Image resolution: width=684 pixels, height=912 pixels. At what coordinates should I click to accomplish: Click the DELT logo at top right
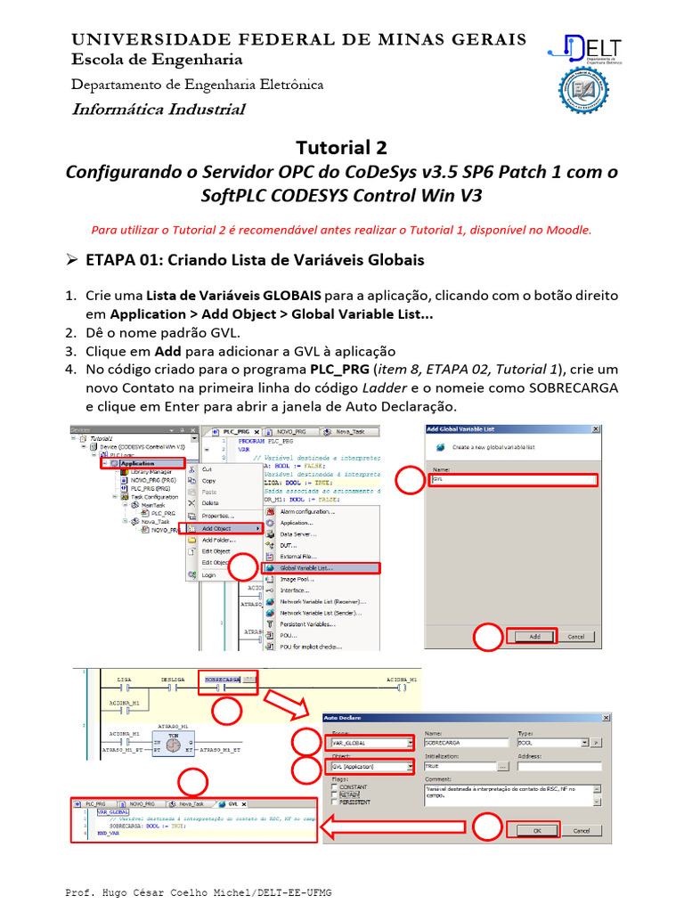tap(588, 49)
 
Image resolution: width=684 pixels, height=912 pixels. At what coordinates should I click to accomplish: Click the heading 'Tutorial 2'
tap(341, 147)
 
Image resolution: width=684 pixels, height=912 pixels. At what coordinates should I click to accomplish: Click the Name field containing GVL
tap(511, 479)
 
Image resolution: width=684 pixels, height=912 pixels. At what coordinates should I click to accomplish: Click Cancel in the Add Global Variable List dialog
tap(575, 636)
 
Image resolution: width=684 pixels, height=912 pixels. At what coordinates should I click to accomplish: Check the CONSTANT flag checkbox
tap(333, 787)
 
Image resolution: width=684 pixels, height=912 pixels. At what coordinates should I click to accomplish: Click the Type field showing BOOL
tap(547, 742)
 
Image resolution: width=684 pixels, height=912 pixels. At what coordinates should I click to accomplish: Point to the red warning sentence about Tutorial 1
tap(341, 229)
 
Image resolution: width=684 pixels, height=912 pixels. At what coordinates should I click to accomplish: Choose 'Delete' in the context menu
tap(210, 502)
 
